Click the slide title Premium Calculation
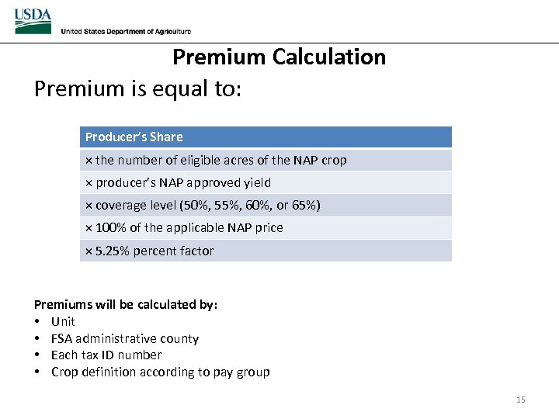pyautogui.click(x=279, y=57)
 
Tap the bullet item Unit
pyautogui.click(x=63, y=321)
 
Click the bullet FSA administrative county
pyautogui.click(x=124, y=338)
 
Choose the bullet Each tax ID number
pyautogui.click(x=106, y=355)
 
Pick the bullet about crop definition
pyautogui.click(x=160, y=372)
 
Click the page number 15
pyautogui.click(x=520, y=400)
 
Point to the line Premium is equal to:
pyautogui.click(x=138, y=89)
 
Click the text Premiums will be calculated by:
pyautogui.click(x=126, y=304)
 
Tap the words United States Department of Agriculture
pyautogui.click(x=126, y=31)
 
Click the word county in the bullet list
pyautogui.click(x=179, y=338)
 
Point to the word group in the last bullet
pyautogui.click(x=252, y=372)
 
